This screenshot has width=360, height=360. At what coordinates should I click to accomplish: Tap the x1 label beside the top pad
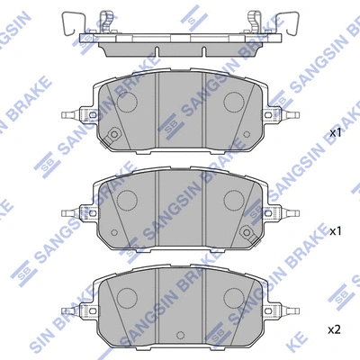click(336, 132)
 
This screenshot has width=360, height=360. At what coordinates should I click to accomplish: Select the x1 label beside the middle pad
click(336, 231)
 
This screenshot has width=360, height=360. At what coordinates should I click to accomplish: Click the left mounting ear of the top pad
click(78, 115)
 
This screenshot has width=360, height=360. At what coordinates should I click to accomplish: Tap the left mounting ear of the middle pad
click(78, 213)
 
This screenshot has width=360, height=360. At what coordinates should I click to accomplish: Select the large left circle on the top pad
click(125, 102)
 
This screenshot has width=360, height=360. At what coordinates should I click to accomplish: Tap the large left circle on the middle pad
click(125, 200)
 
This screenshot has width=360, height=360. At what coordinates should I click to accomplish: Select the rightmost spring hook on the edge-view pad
click(292, 20)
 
